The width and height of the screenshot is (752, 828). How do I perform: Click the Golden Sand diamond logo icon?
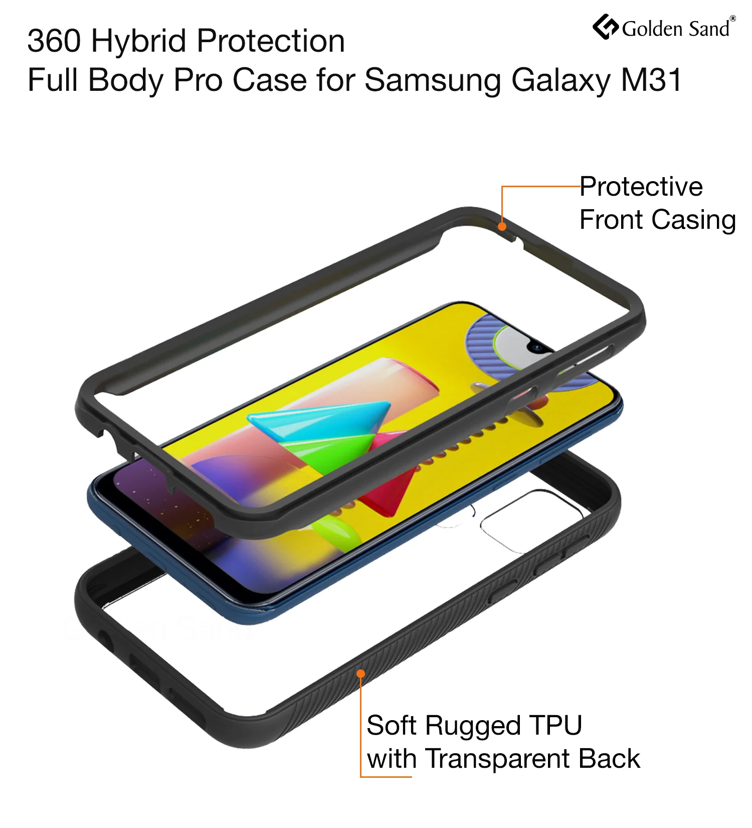(x=606, y=27)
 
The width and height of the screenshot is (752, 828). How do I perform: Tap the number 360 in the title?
(x=54, y=41)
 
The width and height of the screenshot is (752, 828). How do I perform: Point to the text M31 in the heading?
(x=652, y=80)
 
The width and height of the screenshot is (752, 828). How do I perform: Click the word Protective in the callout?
(x=641, y=187)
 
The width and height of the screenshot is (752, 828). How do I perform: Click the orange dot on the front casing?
(x=502, y=226)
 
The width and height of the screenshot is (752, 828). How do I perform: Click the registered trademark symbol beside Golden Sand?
(x=732, y=19)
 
